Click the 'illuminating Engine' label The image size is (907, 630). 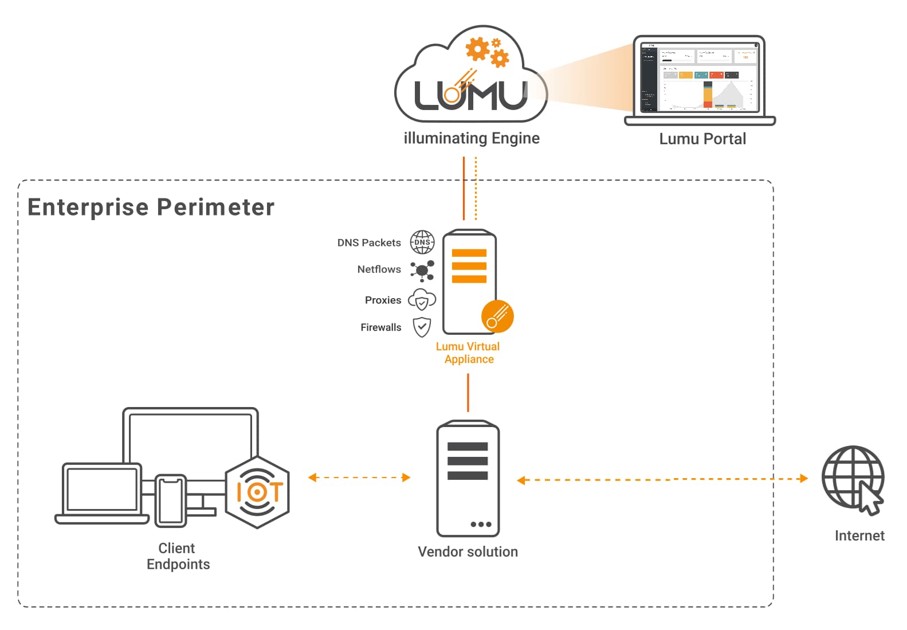coord(472,138)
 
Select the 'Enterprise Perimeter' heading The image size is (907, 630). coord(151,207)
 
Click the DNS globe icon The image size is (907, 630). coord(422,242)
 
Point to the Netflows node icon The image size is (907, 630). coord(422,270)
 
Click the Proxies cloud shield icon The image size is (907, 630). coord(422,300)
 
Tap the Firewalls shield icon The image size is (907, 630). coord(422,327)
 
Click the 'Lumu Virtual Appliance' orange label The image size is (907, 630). coord(468,353)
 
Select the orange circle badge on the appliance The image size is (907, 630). coord(497,316)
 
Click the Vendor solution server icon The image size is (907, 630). coord(468,479)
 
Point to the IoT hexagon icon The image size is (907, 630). coord(257,492)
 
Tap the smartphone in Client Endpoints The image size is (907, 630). coord(171,500)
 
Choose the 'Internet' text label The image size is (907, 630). coord(859,535)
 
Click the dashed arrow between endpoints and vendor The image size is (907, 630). coord(359,478)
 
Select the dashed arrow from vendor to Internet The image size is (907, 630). coord(662,479)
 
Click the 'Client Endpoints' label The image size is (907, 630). coord(178,556)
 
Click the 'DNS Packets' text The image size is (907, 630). coord(368,242)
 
